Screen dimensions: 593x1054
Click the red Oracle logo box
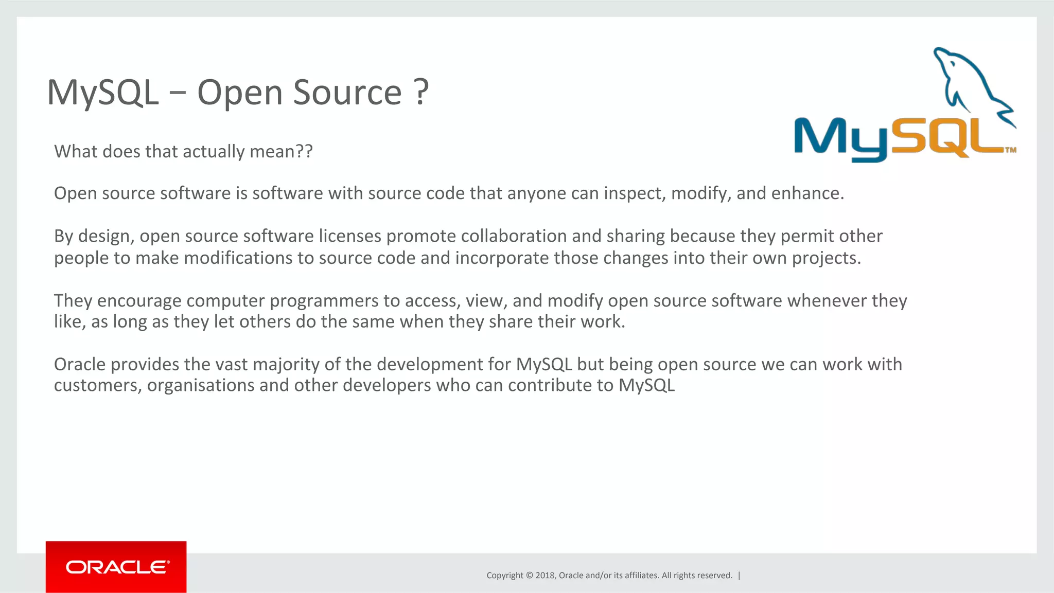(116, 566)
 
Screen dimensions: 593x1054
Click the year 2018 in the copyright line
(544, 575)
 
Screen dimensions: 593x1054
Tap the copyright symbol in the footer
(529, 575)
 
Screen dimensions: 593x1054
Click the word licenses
(350, 236)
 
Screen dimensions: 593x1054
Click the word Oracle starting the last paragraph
(80, 364)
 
